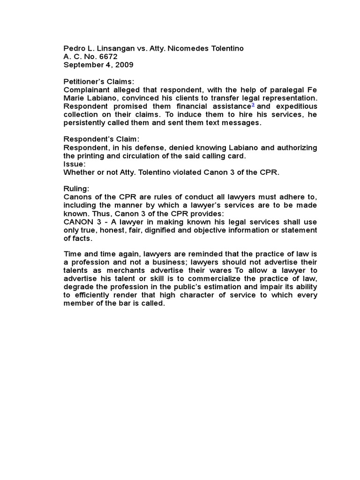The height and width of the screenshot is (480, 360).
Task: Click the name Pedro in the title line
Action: pos(74,49)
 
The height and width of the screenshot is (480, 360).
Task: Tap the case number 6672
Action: pos(107,57)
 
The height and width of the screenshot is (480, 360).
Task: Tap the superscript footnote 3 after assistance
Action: pos(253,105)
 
